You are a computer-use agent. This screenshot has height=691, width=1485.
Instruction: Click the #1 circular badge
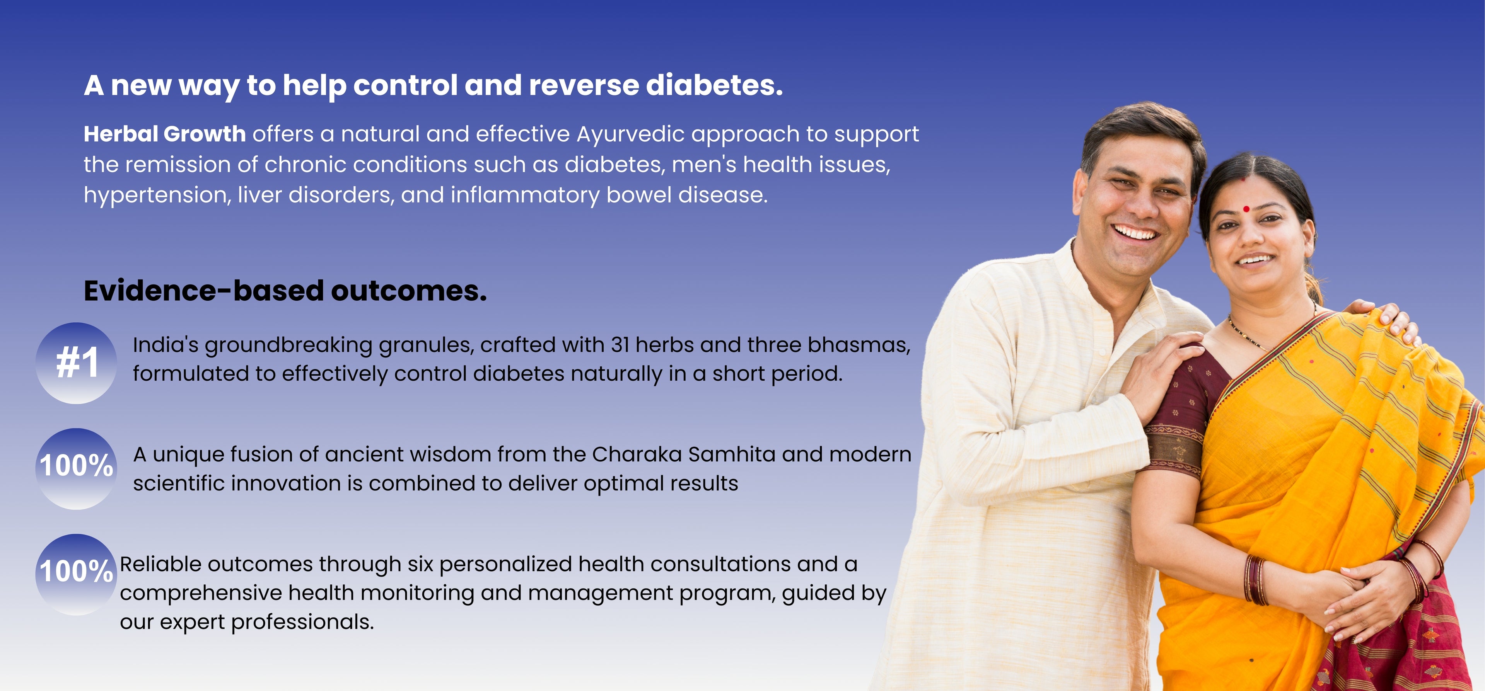click(76, 363)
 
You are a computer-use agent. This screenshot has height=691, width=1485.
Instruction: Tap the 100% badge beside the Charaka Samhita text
click(76, 468)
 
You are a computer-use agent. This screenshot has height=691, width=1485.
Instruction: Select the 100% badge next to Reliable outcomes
click(76, 575)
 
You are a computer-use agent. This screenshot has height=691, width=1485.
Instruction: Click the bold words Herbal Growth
click(165, 134)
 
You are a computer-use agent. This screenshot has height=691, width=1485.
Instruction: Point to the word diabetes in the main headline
click(714, 85)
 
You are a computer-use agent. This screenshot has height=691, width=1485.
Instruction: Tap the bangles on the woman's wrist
click(1257, 579)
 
